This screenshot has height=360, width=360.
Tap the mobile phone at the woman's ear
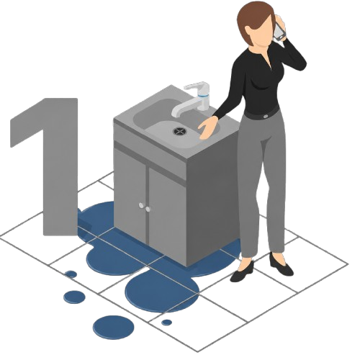click(x=279, y=31)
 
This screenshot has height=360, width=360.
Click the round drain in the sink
click(x=179, y=131)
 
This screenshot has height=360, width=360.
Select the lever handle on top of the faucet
click(x=197, y=86)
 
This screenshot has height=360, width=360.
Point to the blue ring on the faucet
click(x=204, y=96)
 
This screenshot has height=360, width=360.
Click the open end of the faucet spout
click(x=176, y=114)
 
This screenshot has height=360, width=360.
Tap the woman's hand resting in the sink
click(x=207, y=127)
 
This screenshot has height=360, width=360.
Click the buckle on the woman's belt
click(x=265, y=116)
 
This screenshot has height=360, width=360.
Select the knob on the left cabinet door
click(x=141, y=205)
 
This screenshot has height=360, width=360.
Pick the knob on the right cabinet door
click(x=148, y=209)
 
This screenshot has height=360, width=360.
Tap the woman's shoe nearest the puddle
click(x=242, y=271)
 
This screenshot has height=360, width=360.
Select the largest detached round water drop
click(x=114, y=327)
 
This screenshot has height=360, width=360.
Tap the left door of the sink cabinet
click(x=130, y=194)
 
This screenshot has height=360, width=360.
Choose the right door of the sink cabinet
click(x=168, y=216)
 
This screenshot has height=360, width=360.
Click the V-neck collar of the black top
click(x=266, y=60)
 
